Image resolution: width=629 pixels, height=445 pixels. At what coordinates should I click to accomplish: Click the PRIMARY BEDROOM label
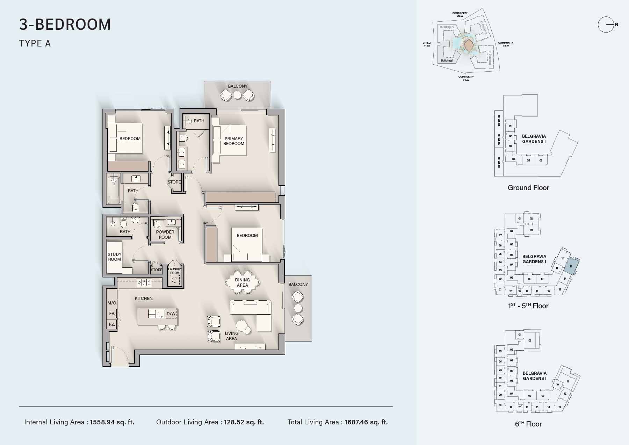[x=234, y=141]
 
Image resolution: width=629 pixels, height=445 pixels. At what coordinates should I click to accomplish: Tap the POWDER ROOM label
[x=165, y=235]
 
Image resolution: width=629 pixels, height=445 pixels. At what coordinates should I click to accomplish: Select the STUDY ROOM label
[x=114, y=257]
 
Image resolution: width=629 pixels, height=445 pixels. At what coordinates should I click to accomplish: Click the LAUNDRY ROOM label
[x=175, y=271]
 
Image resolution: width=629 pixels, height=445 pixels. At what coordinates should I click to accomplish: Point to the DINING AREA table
[x=243, y=282]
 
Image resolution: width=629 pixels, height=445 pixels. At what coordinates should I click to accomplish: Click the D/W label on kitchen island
[x=171, y=314]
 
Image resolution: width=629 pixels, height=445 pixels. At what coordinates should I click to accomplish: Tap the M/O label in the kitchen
[x=112, y=303]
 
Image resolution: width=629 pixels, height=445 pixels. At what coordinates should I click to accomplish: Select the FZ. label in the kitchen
[x=112, y=324]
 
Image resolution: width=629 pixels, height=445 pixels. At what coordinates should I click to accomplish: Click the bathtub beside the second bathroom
[x=114, y=189]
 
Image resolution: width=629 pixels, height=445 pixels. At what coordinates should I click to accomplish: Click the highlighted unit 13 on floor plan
[x=571, y=267]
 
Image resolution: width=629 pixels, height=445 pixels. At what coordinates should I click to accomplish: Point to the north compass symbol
[x=607, y=25]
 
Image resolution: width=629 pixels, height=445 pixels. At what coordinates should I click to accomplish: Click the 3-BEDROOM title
[x=65, y=24]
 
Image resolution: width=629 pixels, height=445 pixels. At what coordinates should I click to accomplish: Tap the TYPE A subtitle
[x=35, y=43]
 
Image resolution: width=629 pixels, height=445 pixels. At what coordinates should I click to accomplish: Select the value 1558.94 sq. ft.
[x=112, y=422]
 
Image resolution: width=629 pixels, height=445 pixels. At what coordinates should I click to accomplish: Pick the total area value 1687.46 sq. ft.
[x=366, y=422]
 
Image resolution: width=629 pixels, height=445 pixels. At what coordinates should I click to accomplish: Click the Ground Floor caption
[x=528, y=188]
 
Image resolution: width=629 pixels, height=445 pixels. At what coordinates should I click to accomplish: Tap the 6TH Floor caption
[x=528, y=424]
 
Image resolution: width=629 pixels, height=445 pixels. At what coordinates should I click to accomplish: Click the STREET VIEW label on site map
[x=427, y=44]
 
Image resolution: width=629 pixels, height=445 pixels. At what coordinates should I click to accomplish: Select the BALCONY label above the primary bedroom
[x=238, y=86]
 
